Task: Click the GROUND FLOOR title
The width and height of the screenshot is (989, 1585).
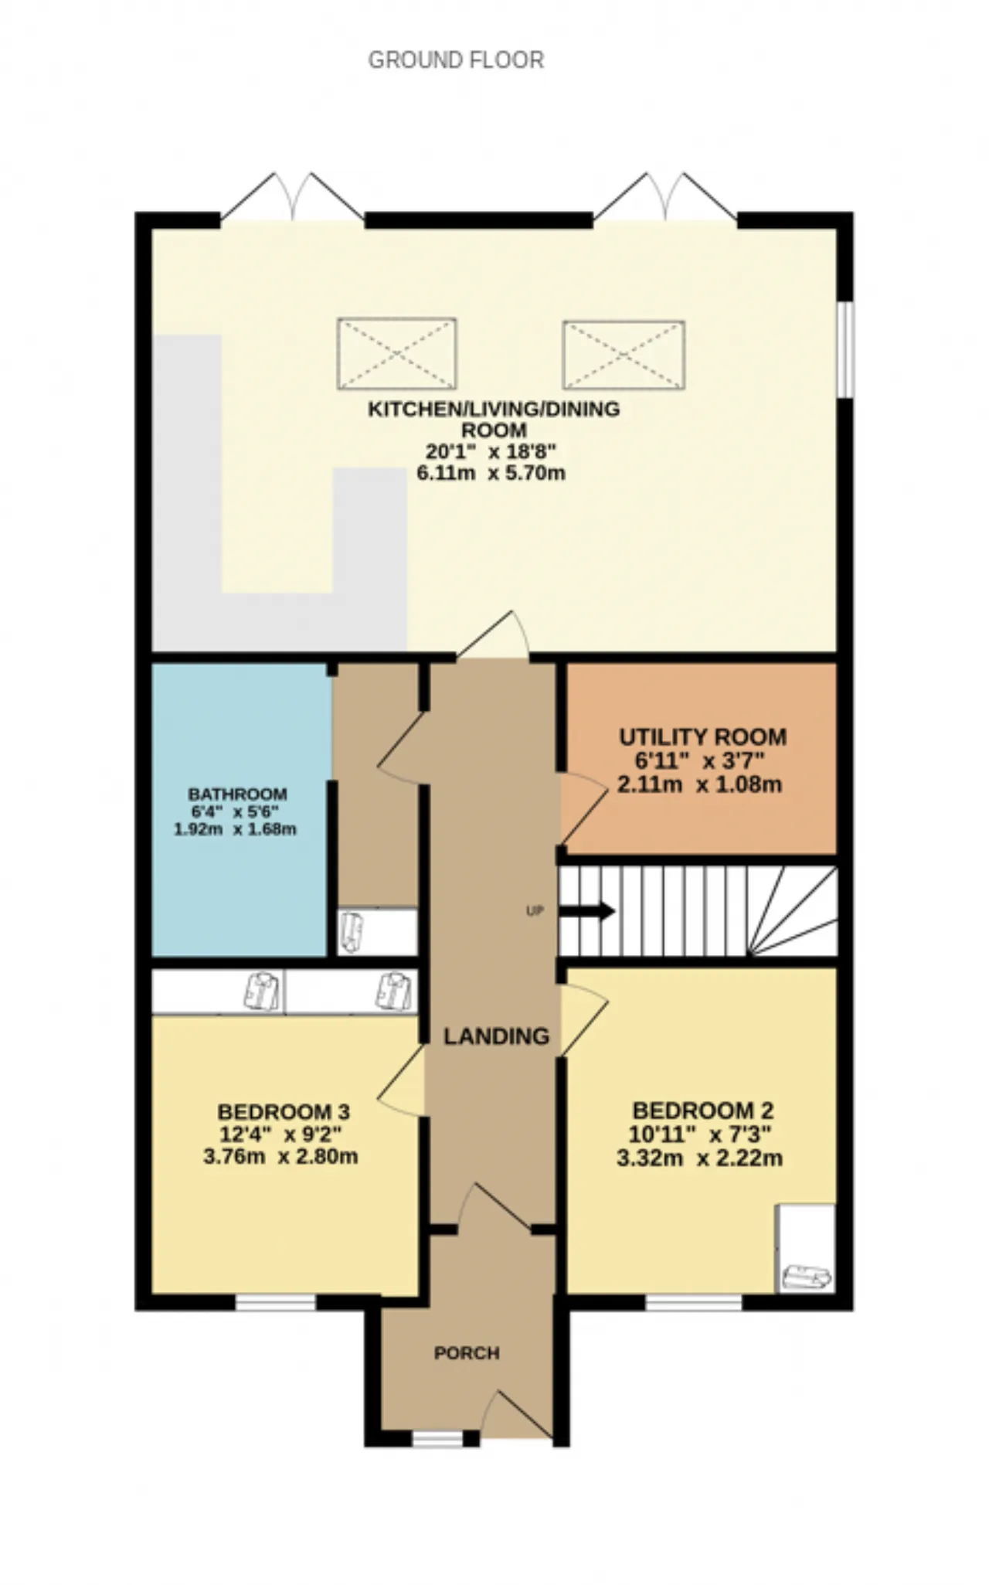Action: tap(456, 60)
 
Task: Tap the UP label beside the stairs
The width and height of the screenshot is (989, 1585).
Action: tap(535, 911)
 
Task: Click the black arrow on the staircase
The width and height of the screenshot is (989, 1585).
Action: tap(586, 912)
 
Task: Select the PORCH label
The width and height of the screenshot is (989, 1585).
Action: tap(467, 1353)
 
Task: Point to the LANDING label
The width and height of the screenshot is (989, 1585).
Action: tap(496, 1036)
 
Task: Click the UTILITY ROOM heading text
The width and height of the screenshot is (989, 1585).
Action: tap(703, 737)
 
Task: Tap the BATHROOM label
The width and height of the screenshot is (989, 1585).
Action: tap(237, 794)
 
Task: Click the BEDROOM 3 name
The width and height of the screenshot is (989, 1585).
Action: tap(284, 1112)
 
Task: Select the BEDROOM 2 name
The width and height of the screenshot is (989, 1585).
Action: tap(703, 1111)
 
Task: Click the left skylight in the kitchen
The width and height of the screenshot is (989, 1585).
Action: tap(397, 354)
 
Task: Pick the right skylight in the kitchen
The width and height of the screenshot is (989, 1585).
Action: tap(624, 355)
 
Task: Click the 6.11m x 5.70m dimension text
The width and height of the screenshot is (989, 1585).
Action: tap(491, 473)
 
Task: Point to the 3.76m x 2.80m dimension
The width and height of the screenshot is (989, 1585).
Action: tap(280, 1157)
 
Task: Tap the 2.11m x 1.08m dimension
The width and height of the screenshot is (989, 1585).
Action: tap(700, 785)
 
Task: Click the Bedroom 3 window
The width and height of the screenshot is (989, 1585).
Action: tap(276, 1303)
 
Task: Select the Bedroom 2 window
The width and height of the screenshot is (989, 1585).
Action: tap(694, 1303)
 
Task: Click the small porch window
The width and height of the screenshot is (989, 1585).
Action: tap(437, 1439)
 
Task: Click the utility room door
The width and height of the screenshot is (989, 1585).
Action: tap(583, 808)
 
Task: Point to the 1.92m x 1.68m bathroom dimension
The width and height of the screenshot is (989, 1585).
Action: tap(235, 830)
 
